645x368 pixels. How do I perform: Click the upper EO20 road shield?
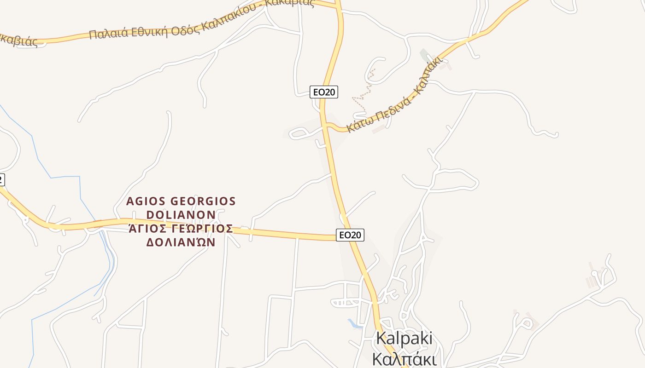pyautogui.click(x=324, y=92)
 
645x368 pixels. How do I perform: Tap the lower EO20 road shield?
pyautogui.click(x=350, y=235)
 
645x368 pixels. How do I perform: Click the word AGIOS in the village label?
pyautogui.click(x=146, y=201)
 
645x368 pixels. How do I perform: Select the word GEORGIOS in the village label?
pyautogui.click(x=203, y=201)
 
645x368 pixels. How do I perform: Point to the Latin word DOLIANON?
pyautogui.click(x=181, y=215)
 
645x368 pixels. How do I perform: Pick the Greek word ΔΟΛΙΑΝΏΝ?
pyautogui.click(x=181, y=242)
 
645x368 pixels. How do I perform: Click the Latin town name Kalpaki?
pyautogui.click(x=404, y=338)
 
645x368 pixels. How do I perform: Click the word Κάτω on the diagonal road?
pyautogui.click(x=357, y=125)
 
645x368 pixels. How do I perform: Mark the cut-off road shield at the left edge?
pyautogui.click(x=1, y=180)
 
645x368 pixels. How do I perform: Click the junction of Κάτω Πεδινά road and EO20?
pyautogui.click(x=325, y=124)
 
